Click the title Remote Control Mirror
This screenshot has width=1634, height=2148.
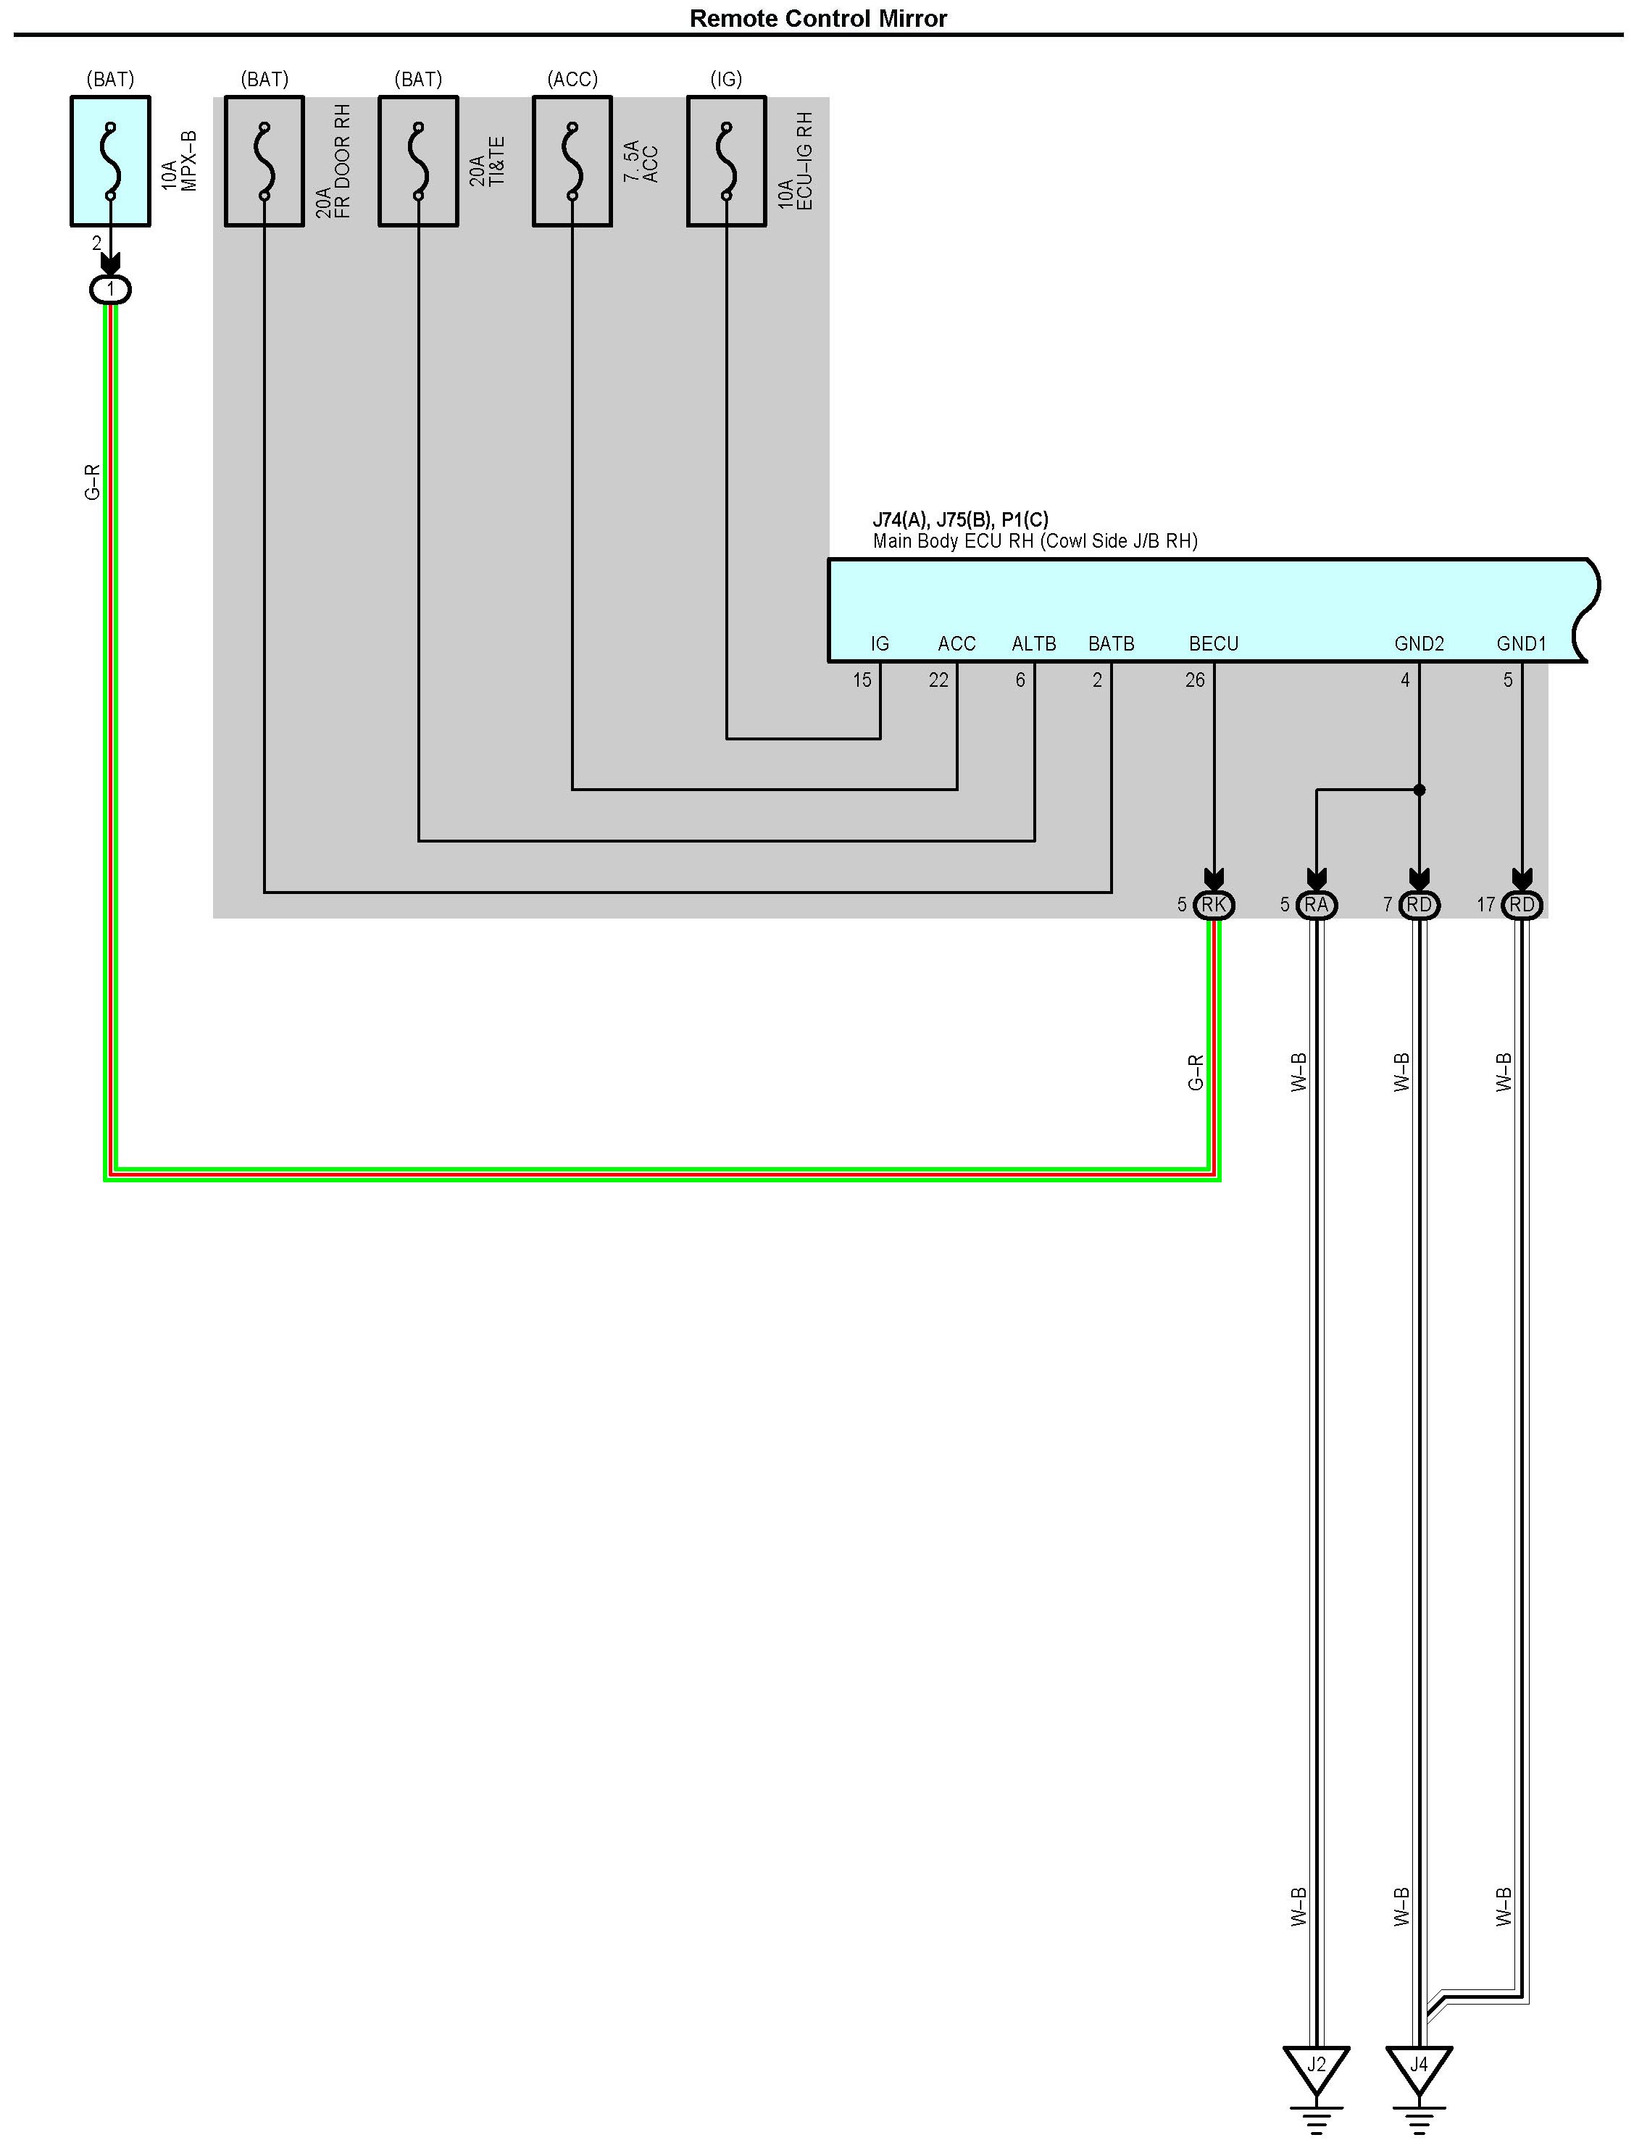[817, 19]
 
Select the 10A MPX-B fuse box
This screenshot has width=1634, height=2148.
[110, 162]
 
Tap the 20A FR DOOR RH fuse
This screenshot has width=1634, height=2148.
[264, 162]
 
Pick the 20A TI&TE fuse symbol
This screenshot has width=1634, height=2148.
[418, 162]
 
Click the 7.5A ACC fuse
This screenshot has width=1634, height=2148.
[572, 162]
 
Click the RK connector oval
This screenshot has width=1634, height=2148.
[1214, 906]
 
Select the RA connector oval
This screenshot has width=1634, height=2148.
[1316, 906]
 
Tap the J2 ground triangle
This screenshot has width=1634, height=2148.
[1316, 2065]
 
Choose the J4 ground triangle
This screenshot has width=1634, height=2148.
[1419, 2065]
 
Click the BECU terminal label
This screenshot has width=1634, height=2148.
[1214, 644]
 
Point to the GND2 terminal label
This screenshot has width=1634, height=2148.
[1419, 644]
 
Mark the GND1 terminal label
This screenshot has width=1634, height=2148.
[1521, 644]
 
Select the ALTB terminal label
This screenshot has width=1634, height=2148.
[1034, 644]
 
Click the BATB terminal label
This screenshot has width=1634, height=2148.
[1111, 644]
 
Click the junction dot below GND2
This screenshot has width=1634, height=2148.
[1419, 790]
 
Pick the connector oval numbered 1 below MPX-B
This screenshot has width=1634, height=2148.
[110, 289]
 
